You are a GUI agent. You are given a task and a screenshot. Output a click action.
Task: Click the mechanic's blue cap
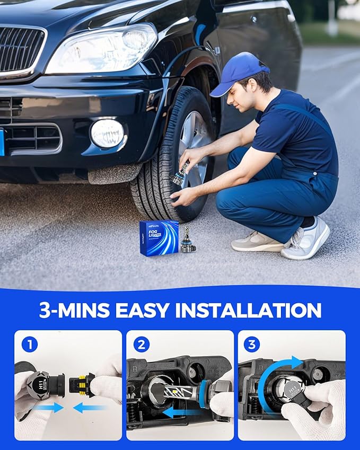pos(241,74)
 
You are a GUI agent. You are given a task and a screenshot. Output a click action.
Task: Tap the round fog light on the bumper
pos(107,133)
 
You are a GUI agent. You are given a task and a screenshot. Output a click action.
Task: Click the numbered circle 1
pos(30,345)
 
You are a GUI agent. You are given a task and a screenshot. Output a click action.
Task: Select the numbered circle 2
pos(142,345)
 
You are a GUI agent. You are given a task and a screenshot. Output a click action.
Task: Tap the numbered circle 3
pos(251,345)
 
